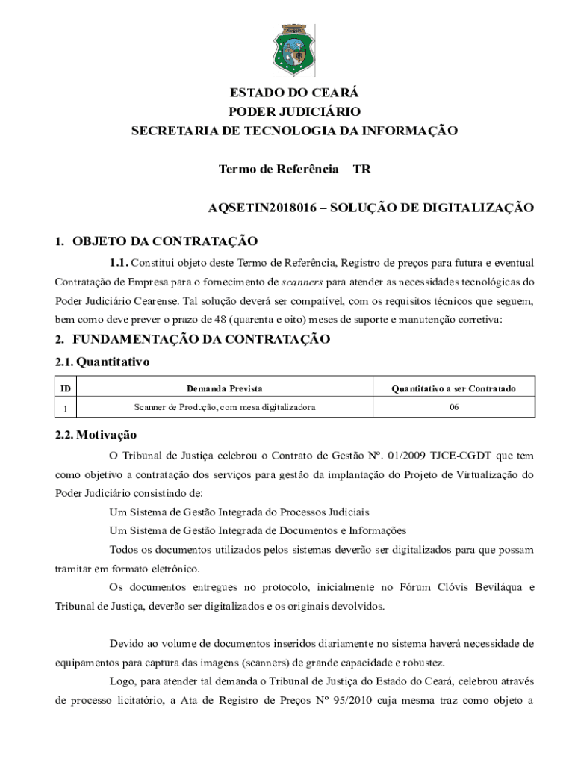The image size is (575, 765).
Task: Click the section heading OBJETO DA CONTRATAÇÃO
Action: tap(165, 241)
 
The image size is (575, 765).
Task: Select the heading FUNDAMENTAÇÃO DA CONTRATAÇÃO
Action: tap(201, 339)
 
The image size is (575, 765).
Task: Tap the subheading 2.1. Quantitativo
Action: tap(103, 362)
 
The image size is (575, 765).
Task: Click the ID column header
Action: tap(66, 388)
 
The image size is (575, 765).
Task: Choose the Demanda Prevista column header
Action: tap(224, 388)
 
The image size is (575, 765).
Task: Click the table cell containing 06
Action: tap(454, 407)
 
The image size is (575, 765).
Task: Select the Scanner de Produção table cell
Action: tap(224, 407)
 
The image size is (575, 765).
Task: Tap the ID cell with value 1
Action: tap(66, 408)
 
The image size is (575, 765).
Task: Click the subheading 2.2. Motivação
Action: tap(96, 435)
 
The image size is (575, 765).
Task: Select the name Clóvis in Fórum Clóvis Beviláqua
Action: tap(456, 586)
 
